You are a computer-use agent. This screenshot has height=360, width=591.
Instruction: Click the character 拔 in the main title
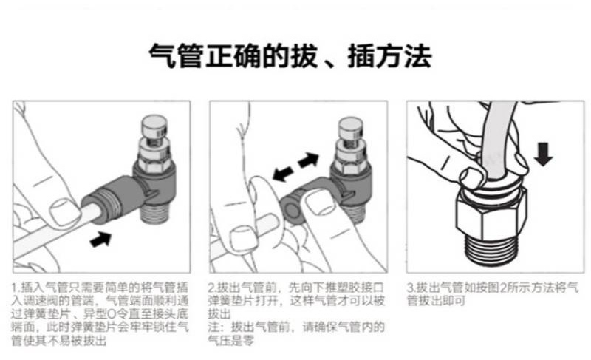click(304, 56)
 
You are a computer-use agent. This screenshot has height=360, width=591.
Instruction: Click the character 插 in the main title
click(361, 56)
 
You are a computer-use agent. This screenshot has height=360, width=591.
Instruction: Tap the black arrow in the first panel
click(101, 239)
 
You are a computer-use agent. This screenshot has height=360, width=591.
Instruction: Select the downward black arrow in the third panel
click(543, 154)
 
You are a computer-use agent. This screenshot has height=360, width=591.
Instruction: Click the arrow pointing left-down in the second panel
click(283, 174)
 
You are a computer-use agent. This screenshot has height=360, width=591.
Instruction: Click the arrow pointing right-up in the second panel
click(308, 160)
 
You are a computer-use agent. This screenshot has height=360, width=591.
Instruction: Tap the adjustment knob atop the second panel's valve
click(350, 127)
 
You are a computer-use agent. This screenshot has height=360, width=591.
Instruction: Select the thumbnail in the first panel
click(64, 212)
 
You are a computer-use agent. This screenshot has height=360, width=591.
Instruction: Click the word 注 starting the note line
click(213, 327)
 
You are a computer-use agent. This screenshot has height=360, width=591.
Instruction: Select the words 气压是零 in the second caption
click(231, 340)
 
